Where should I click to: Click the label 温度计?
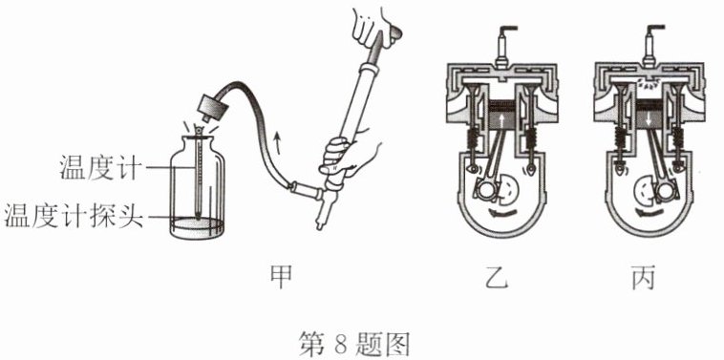99,167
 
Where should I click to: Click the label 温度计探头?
74,215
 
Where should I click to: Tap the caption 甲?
281,278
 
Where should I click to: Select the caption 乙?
497,278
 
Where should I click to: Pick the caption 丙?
643,278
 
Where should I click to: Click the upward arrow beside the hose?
278,142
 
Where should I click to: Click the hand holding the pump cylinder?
348,155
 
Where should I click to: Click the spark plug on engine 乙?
503,45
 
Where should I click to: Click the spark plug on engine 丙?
650,45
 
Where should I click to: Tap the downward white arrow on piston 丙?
650,120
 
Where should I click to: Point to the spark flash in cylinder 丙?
650,84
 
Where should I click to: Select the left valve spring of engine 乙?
472,138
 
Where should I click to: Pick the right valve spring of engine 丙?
677,138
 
